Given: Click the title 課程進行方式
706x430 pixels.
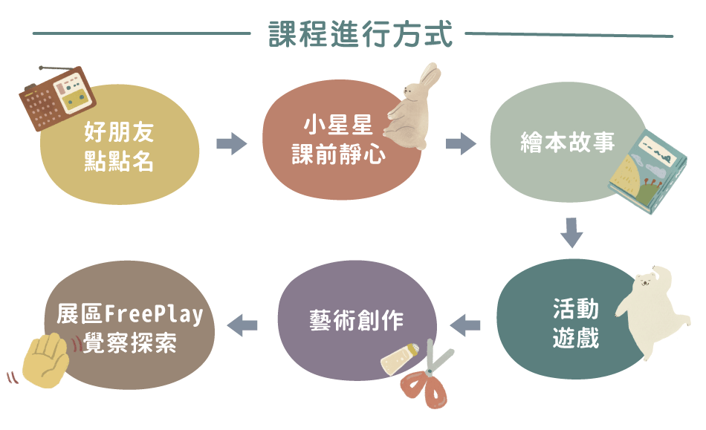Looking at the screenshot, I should tap(360, 34).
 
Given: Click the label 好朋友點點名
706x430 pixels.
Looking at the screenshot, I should tap(120, 148).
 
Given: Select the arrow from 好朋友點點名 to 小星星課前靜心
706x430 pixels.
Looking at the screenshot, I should tap(231, 143).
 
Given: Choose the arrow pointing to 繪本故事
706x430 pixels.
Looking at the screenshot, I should tap(461, 143).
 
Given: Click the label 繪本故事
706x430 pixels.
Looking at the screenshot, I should tap(569, 143).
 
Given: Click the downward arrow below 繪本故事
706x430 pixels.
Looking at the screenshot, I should tap(571, 232).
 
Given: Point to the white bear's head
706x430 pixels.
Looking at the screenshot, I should tap(647, 282).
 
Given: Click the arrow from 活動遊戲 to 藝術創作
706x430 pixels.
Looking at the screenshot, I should tap(466, 324).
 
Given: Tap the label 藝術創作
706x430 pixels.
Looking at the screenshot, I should tap(357, 320).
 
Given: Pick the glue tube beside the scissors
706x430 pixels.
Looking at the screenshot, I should tap(401, 358).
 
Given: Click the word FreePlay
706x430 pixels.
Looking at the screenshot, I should tap(155, 314).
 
